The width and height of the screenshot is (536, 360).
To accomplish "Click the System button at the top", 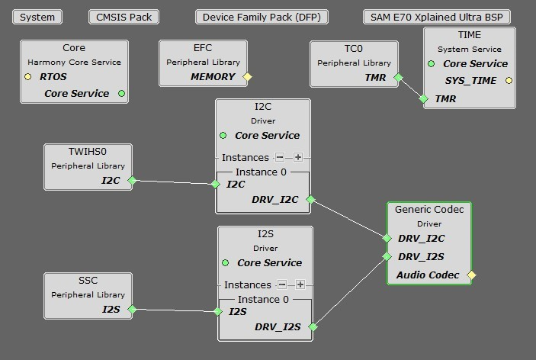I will [37, 17].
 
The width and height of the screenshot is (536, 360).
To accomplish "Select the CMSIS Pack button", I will [124, 17].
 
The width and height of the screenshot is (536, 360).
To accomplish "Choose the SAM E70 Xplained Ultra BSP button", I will [437, 17].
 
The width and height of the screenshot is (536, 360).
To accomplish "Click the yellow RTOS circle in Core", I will [28, 76].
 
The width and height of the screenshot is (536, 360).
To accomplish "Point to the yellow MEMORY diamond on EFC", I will [247, 76].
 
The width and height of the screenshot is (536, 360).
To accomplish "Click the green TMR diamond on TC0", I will [397, 77].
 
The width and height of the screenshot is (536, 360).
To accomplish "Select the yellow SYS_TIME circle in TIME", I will [509, 80].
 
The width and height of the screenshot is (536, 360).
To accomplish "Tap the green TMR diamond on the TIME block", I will [424, 98].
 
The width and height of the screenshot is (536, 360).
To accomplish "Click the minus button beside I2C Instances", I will [280, 157].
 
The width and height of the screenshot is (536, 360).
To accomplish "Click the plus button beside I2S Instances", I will [300, 284].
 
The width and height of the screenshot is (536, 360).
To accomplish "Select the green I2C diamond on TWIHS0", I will [131, 181].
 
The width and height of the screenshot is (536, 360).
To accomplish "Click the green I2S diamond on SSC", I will [132, 309].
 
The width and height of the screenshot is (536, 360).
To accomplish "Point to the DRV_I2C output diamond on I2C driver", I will [310, 200].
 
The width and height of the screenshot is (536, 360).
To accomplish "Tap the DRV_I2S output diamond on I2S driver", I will [313, 327].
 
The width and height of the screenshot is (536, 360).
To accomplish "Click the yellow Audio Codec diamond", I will [471, 275].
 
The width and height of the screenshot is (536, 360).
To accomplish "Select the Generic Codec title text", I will [428, 209].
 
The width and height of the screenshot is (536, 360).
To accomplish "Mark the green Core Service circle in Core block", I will [121, 94].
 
